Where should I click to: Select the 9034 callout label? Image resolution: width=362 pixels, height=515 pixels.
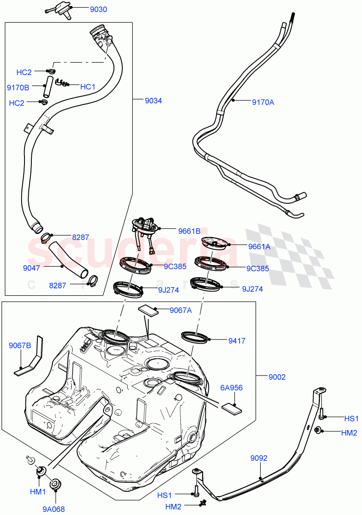pyautogui.click(x=153, y=101)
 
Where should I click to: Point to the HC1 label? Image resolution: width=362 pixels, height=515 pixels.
pyautogui.click(x=88, y=87)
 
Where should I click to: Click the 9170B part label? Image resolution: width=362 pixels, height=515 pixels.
pyautogui.click(x=18, y=88)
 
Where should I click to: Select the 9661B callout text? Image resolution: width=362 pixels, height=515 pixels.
pyautogui.click(x=189, y=231)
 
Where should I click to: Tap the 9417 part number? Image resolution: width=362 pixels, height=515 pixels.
pyautogui.click(x=237, y=341)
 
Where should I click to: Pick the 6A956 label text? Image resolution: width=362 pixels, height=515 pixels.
pyautogui.click(x=231, y=388)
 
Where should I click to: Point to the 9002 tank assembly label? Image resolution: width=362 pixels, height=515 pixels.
pyautogui.click(x=277, y=377)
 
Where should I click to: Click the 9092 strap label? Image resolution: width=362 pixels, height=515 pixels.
pyautogui.click(x=259, y=458)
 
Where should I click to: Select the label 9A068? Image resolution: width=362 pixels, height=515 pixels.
pyautogui.click(x=54, y=509)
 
